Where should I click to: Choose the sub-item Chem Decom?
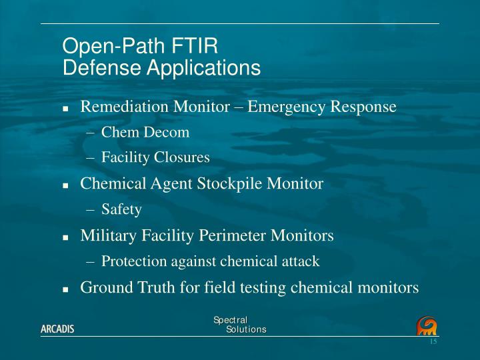click(145, 132)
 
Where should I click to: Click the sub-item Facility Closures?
click(155, 157)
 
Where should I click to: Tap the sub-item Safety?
click(121, 209)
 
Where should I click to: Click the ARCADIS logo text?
click(57, 330)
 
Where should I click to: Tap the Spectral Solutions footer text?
click(240, 325)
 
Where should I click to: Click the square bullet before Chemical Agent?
click(66, 184)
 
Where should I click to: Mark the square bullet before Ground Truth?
click(66, 289)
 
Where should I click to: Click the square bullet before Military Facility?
click(66, 236)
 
